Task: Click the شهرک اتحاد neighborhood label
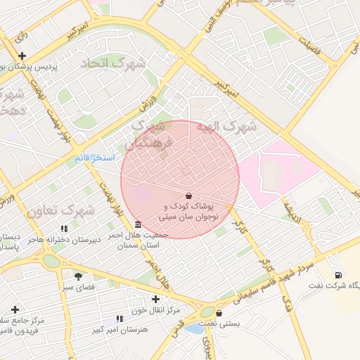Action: point(113,63)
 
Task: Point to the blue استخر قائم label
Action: point(94,159)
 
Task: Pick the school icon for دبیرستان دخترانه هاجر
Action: point(64,229)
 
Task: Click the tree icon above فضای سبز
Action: point(78,276)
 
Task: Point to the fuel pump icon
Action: point(338,275)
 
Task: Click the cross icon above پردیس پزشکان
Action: point(23,56)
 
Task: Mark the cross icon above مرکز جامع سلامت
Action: point(15,309)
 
